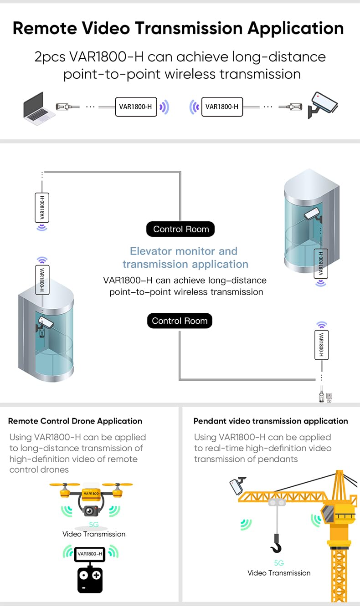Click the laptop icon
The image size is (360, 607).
pos(40,108)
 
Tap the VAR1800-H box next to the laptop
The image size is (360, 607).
pos(136,107)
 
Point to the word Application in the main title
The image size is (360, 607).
pos(295,28)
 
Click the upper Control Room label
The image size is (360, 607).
pos(180,229)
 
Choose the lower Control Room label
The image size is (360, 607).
pos(180,321)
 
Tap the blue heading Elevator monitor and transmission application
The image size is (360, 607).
pos(185,257)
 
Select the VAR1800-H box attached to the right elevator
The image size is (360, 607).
pos(321,264)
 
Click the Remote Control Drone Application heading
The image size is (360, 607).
pos(75,421)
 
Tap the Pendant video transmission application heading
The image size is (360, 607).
pos(271,421)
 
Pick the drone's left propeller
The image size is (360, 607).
pos(65,485)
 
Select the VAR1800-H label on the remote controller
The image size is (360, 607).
pos(90,554)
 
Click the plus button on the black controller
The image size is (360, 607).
pos(97,575)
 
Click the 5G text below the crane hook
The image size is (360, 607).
pos(279,563)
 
